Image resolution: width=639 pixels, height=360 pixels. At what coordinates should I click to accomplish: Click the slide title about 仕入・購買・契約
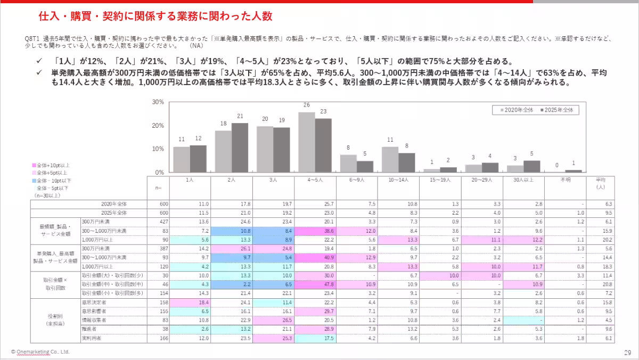pos(155,16)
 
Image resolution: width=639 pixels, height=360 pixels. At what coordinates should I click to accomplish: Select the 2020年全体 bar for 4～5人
pos(307,142)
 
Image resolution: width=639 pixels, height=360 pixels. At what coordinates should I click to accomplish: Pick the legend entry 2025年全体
pos(557,110)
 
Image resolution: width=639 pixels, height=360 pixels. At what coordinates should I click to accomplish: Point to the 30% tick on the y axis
pos(158,102)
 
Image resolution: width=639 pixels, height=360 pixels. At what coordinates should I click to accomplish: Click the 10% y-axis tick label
pos(158,149)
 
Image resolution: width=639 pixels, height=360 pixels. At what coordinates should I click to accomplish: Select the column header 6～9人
pos(357,181)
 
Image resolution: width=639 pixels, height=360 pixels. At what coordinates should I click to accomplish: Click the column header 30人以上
pos(523,181)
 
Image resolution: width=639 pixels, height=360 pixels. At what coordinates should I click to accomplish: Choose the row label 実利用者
pos(91,338)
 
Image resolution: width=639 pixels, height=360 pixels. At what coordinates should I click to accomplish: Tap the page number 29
pos(627,353)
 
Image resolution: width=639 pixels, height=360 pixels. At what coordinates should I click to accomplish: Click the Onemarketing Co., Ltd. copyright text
pos(40,352)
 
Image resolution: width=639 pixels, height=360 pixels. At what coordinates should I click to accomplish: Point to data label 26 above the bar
pos(307,105)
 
